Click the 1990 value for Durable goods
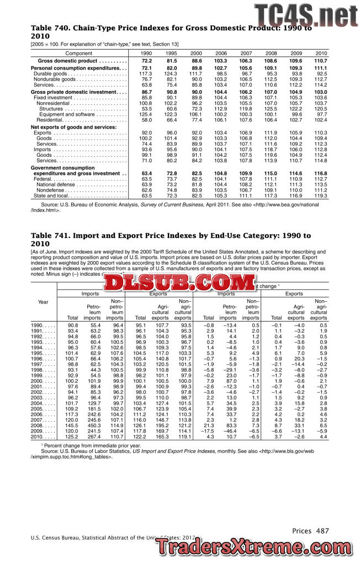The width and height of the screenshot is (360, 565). [x=145, y=73]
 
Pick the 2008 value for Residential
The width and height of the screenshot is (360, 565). [x=270, y=120]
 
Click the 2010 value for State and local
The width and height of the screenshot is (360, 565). [x=321, y=196]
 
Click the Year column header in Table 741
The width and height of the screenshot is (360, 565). [x=43, y=301]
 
